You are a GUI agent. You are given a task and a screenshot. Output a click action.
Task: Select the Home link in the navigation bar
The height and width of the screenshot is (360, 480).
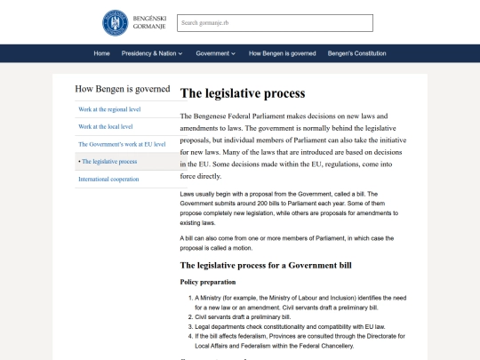pyautogui.click(x=102, y=53)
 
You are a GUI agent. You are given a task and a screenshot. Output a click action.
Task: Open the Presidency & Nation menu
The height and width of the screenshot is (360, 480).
pyautogui.click(x=152, y=53)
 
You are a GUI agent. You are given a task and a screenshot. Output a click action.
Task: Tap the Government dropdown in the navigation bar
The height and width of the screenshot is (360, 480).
pyautogui.click(x=216, y=53)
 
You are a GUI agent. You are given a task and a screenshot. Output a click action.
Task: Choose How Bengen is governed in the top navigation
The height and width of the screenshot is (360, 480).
pyautogui.click(x=283, y=53)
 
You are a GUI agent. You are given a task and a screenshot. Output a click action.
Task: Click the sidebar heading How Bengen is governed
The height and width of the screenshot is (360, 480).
pyautogui.click(x=123, y=89)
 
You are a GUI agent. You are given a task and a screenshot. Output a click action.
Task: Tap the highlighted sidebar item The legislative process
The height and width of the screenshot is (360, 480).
pyautogui.click(x=109, y=162)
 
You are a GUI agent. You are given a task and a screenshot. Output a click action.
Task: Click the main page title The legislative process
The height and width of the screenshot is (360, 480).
pyautogui.click(x=243, y=93)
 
